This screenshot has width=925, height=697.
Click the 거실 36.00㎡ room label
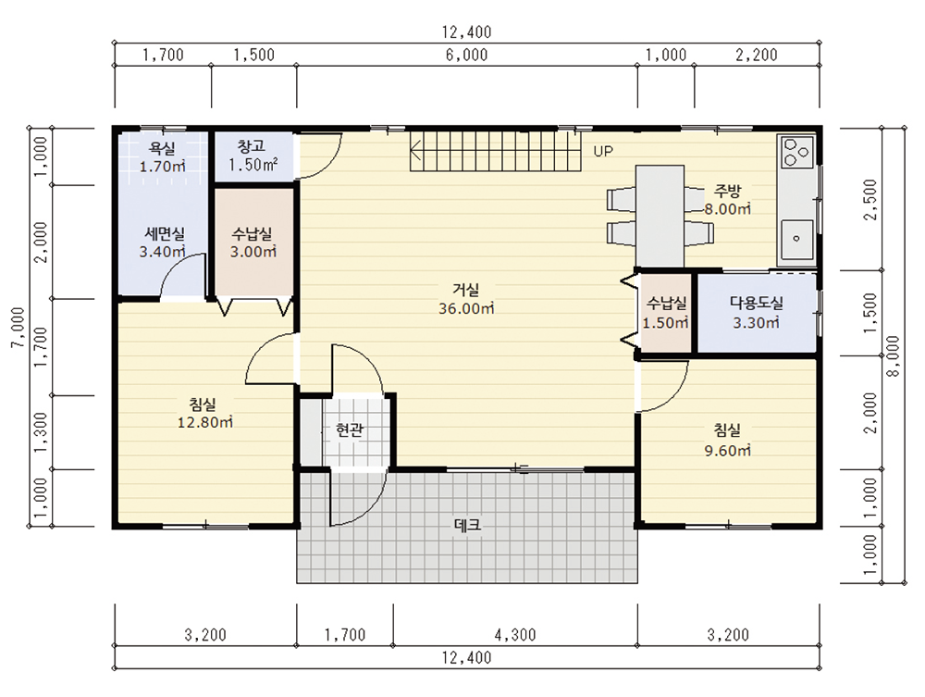[x=466, y=299]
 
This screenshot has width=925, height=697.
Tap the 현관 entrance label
[x=350, y=429]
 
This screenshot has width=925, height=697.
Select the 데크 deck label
[x=467, y=525]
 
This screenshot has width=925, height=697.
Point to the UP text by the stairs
[x=603, y=151]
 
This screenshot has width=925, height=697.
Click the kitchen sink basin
[x=797, y=239]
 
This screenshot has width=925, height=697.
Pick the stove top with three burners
[x=797, y=152]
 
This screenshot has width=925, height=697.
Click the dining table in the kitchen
[x=660, y=216]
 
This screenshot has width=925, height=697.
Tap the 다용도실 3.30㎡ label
[x=757, y=313]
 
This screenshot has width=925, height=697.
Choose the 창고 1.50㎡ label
[x=253, y=156]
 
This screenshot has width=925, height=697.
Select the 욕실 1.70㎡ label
[x=162, y=157]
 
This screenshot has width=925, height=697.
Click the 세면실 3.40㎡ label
[x=163, y=243]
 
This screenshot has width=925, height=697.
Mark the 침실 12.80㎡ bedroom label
[x=204, y=413]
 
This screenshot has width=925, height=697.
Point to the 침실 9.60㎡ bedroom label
[x=727, y=441]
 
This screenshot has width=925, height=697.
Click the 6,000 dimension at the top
[x=466, y=55]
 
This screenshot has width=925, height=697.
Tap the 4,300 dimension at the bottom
[x=515, y=635]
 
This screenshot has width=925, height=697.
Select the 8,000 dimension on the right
[x=894, y=356]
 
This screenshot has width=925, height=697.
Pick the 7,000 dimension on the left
[x=18, y=328]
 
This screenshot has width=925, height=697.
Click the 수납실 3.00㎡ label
[x=253, y=243]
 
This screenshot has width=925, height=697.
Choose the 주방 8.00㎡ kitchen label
[x=727, y=200]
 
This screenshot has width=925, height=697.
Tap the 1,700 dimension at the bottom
[x=345, y=635]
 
